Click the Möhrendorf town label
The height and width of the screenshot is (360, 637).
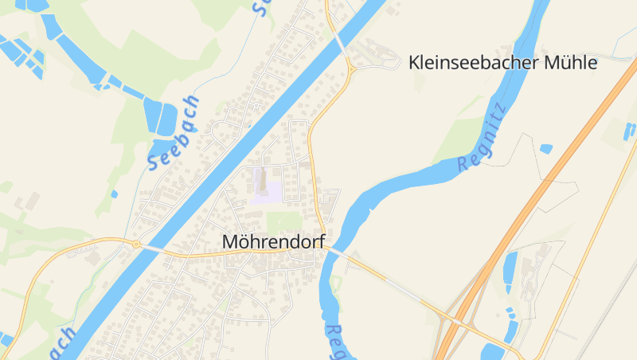click(273, 241)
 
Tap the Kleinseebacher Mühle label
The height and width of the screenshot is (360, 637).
click(502, 63)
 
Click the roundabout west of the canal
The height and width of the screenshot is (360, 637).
click(136, 244)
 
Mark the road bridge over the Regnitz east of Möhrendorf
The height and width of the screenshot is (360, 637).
click(335, 252)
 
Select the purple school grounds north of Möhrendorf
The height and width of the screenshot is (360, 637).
click(265, 191)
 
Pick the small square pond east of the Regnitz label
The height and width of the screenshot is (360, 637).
click(545, 148)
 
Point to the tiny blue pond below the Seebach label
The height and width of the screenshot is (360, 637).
click(115, 194)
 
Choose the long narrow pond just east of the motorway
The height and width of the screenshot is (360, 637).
click(510, 272)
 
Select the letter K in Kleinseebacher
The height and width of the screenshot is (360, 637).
click(415, 63)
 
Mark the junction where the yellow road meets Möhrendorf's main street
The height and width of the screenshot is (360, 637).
click(322, 246)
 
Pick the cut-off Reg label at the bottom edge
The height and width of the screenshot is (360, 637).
click(337, 341)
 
